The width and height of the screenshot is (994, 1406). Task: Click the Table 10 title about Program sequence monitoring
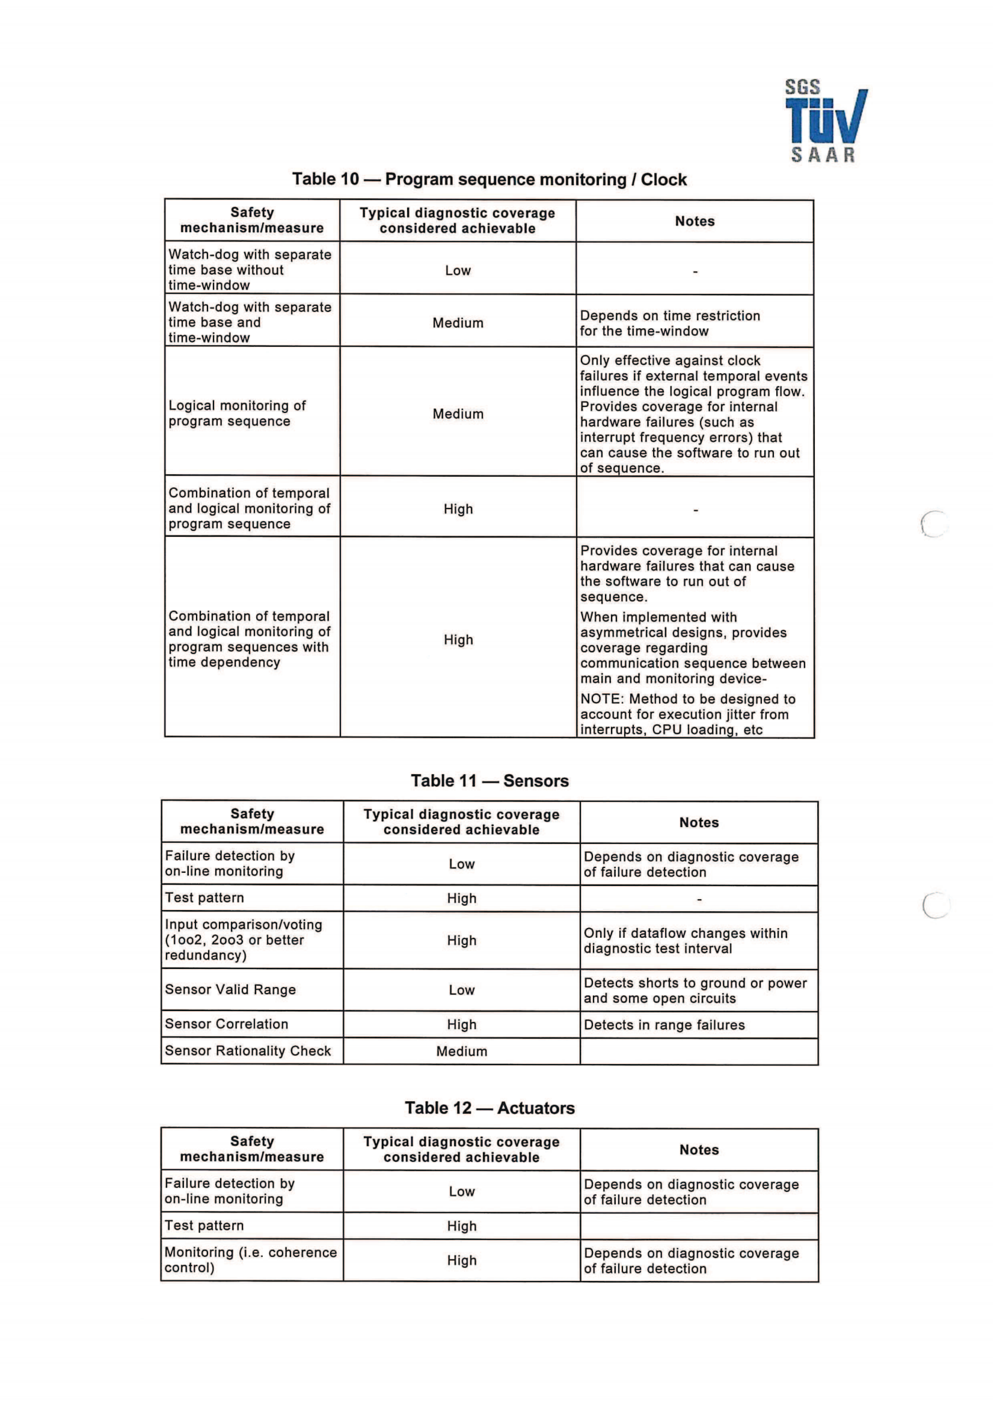click(x=489, y=179)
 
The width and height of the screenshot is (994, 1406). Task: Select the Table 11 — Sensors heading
click(x=489, y=781)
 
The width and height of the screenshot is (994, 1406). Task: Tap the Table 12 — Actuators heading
click(x=489, y=1108)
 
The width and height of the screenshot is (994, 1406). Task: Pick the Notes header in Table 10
click(x=695, y=221)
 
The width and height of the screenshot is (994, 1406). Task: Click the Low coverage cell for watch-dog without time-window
click(x=458, y=270)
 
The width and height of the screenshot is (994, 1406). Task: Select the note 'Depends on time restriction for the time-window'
click(x=669, y=323)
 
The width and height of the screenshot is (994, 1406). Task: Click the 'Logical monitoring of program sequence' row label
click(x=237, y=414)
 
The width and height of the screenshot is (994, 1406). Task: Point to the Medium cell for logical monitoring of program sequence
click(x=458, y=414)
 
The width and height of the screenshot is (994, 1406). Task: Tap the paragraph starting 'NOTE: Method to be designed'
click(x=687, y=714)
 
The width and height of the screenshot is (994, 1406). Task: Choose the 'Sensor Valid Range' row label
click(x=230, y=989)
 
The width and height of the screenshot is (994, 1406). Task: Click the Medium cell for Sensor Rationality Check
click(x=461, y=1051)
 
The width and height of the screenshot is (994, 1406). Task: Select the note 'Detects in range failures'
click(x=664, y=1025)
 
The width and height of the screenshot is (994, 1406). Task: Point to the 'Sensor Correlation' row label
click(x=227, y=1024)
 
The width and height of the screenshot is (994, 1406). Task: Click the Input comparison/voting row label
click(x=243, y=940)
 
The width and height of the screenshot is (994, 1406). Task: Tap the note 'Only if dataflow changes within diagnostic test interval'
click(x=686, y=941)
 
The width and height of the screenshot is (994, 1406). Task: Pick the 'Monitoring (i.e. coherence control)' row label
click(x=251, y=1261)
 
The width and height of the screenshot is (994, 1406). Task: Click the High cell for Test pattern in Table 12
click(x=461, y=1226)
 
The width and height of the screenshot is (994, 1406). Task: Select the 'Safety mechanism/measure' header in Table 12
click(x=252, y=1149)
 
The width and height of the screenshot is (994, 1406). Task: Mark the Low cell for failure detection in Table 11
click(x=461, y=864)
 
